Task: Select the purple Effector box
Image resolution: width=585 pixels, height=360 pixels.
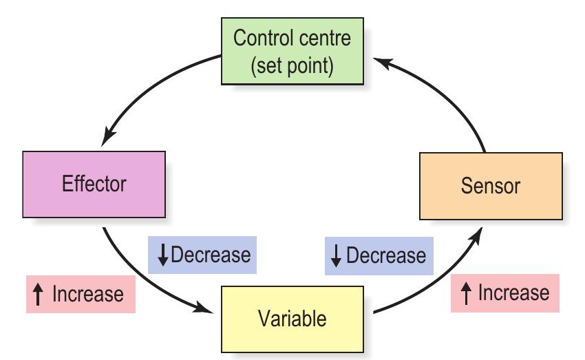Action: tap(94, 184)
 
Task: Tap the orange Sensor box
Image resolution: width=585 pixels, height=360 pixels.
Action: tap(490, 186)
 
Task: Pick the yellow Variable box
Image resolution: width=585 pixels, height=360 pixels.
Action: tap(292, 319)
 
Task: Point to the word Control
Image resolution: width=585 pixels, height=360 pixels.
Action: tap(258, 37)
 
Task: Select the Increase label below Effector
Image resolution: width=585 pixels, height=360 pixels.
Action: tap(80, 295)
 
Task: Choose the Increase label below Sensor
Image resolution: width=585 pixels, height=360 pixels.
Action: tap(505, 293)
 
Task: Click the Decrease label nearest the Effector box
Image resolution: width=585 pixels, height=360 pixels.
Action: tap(200, 255)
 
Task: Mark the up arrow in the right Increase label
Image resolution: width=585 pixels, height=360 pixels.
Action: tap(466, 294)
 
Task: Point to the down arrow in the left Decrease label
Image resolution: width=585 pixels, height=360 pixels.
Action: tap(163, 255)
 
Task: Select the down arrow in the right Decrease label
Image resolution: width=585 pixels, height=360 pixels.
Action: tap(337, 256)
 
